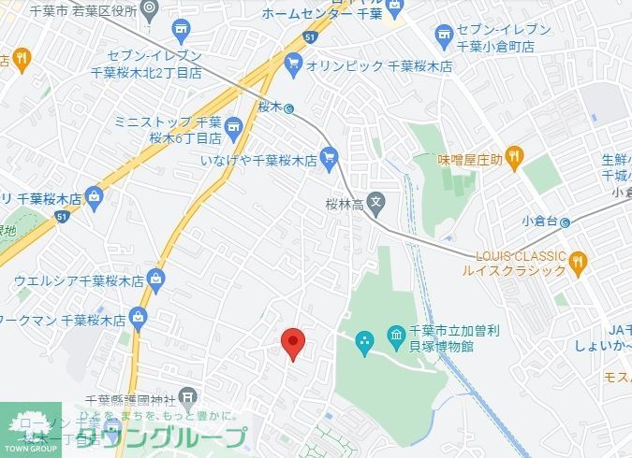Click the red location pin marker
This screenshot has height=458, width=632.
click(293, 342)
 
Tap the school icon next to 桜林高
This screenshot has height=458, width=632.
click(375, 201)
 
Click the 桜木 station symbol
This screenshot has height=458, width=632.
click(290, 107)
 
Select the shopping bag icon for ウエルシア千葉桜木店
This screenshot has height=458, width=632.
click(155, 278)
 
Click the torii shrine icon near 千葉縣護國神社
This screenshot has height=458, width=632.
click(188, 395)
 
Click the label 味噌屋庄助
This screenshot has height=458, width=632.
click(471, 159)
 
